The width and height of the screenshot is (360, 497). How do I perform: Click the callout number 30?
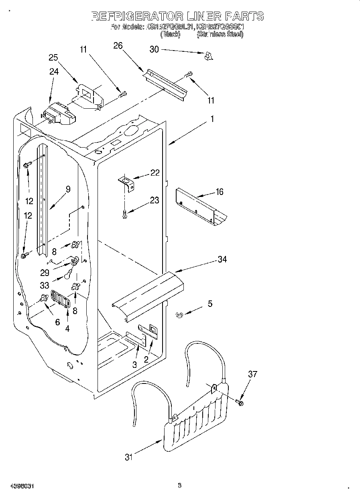tap(154, 49)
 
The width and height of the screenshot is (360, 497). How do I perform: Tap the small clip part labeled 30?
tap(208, 57)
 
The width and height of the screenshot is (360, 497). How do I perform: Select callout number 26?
tap(118, 46)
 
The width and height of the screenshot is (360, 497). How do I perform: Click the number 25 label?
tap(53, 57)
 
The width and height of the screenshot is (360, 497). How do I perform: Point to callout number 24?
tap(54, 72)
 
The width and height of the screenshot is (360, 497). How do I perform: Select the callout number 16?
tap(219, 192)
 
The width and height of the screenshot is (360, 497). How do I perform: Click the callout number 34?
tap(222, 260)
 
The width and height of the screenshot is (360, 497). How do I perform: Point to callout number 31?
tap(128, 457)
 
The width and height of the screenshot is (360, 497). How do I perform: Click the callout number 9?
tap(68, 189)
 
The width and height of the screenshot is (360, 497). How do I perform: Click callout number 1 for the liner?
tap(212, 119)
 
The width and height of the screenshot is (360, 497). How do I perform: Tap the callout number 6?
tap(57, 322)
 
